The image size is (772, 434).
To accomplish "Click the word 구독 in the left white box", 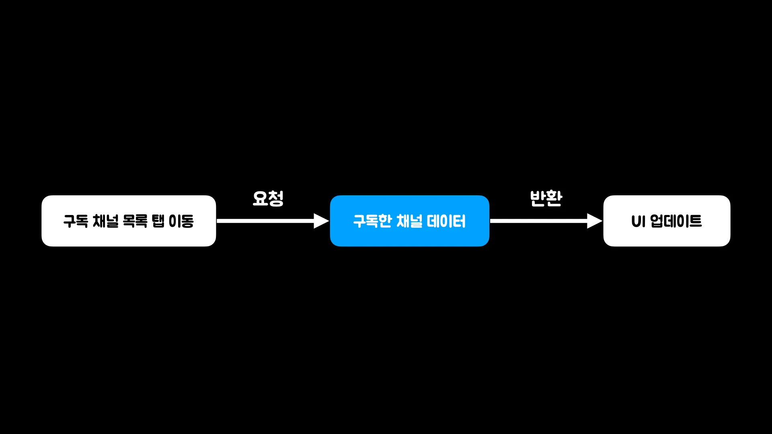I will click(76, 221).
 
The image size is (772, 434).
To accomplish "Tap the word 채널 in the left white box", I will click(105, 221).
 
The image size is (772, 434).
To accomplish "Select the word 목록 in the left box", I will click(135, 221).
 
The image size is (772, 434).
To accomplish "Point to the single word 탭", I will click(158, 221).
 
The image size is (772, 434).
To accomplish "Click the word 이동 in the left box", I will click(181, 221).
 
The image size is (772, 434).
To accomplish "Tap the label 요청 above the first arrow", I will click(268, 199).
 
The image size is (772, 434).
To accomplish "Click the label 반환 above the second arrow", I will click(546, 198).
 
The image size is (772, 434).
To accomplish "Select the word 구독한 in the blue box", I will click(372, 221).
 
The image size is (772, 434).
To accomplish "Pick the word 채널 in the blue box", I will click(409, 221).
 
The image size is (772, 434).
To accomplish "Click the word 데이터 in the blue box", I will click(446, 221).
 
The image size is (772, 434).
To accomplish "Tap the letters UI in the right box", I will click(638, 221).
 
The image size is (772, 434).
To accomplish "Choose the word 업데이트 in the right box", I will click(676, 221).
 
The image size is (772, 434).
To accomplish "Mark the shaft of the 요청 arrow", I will click(265, 221).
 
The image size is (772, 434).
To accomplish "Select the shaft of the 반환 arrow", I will click(539, 221).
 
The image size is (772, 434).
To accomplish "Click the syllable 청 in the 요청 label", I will click(276, 199).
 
